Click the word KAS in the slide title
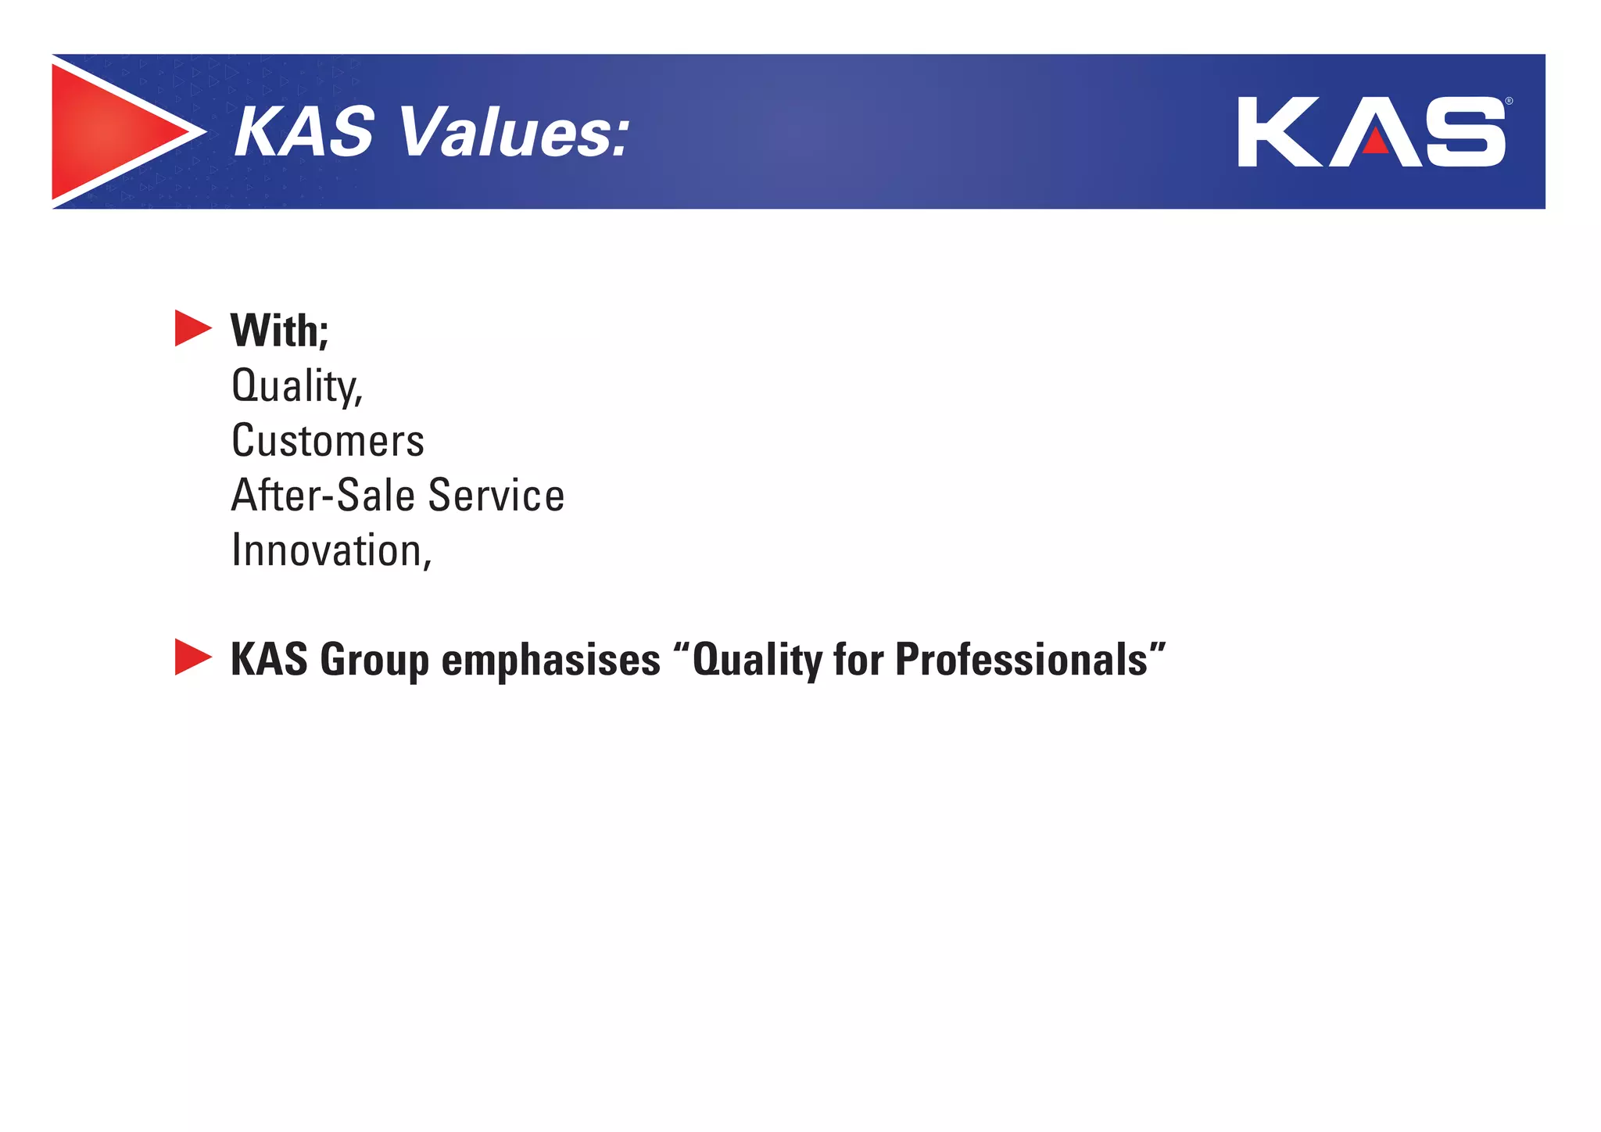[304, 132]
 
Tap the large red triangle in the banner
[109, 132]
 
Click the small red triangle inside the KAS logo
[1376, 141]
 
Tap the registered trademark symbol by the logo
[1509, 102]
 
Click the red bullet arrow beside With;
[192, 328]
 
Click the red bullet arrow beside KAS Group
[192, 657]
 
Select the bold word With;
[279, 331]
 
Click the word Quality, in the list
[297, 386]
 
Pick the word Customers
[328, 441]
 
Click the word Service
[496, 496]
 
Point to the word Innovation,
[331, 551]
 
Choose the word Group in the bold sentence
[374, 661]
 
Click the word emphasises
[551, 661]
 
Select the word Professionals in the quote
[1021, 661]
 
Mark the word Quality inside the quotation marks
[756, 661]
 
